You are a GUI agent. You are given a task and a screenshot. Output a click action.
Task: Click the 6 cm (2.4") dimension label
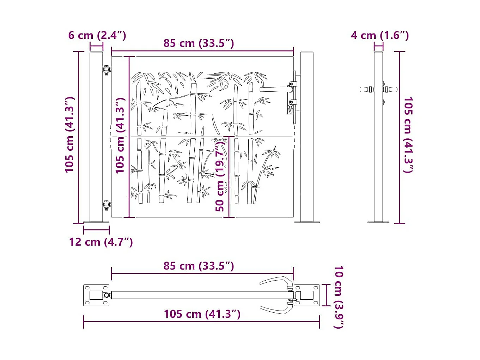(97, 35)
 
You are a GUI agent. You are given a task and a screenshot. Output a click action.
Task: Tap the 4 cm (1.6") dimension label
(380, 35)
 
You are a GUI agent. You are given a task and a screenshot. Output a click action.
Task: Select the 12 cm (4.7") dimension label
(101, 242)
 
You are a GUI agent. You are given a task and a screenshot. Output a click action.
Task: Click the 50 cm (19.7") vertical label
(220, 175)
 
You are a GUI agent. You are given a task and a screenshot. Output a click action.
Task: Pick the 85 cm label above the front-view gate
(199, 43)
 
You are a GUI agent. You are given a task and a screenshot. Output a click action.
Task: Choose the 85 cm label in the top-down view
(199, 266)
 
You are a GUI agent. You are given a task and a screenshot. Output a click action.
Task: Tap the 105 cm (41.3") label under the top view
(202, 314)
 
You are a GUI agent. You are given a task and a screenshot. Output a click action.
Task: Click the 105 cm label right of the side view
(408, 135)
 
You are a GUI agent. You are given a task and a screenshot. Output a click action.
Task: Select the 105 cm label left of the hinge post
(69, 135)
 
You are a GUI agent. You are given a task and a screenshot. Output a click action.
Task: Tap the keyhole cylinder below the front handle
(290, 109)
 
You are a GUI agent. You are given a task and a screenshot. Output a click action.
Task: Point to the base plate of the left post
(96, 222)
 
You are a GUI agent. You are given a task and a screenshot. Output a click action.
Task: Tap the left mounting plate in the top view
(96, 295)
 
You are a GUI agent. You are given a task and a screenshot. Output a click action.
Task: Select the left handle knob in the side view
(367, 90)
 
